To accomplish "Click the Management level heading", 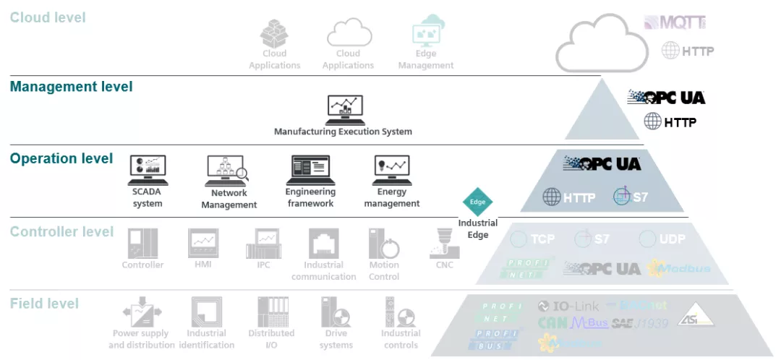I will (x=71, y=87).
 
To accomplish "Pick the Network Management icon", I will (x=227, y=171).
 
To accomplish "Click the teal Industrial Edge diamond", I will (x=477, y=202).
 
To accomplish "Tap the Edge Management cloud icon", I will (x=425, y=31).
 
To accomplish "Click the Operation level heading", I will (x=61, y=158).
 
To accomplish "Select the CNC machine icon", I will (x=444, y=244).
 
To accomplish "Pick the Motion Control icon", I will (x=384, y=244).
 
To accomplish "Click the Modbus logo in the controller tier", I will (x=679, y=269).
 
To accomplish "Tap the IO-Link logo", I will (x=568, y=306).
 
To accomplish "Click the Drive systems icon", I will (x=336, y=312).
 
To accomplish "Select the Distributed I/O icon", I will (x=271, y=312).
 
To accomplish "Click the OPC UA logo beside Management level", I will (x=665, y=98).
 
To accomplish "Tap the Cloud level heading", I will (x=48, y=17).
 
